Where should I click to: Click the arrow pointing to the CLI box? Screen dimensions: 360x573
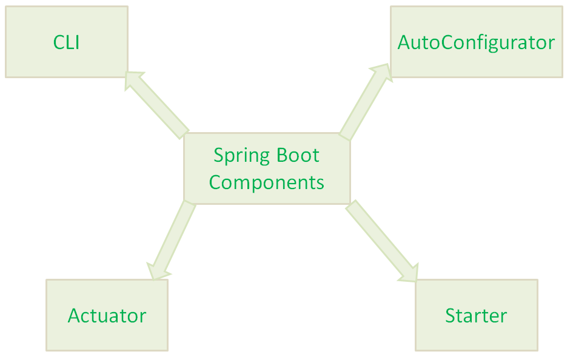[x=159, y=104]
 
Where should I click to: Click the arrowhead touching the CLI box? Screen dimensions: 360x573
[x=135, y=81]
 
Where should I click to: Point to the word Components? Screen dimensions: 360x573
[x=266, y=182]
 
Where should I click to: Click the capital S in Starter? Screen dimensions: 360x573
[x=451, y=316]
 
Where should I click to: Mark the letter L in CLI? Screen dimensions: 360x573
[x=69, y=42]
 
